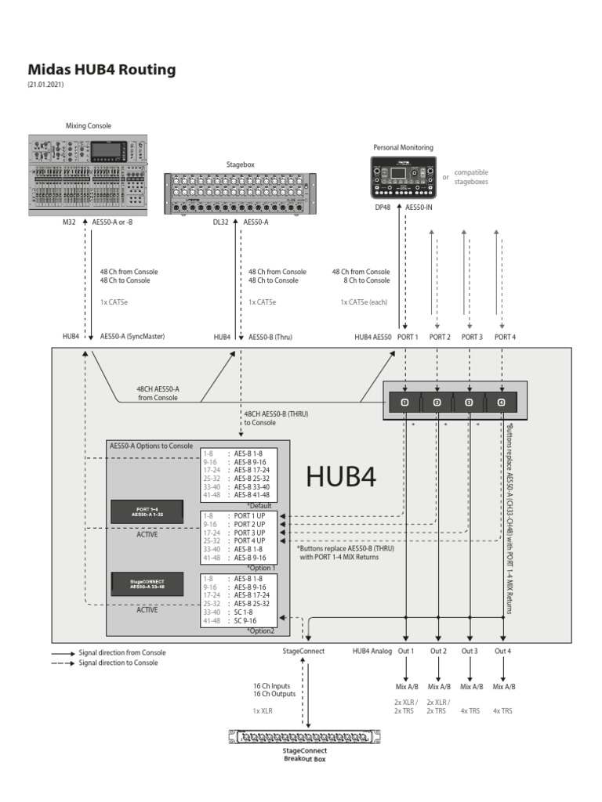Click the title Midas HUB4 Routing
pyautogui.click(x=102, y=70)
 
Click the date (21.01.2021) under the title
pyautogui.click(x=46, y=85)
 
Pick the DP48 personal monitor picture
pyautogui.click(x=403, y=177)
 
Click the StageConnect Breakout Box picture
pyautogui.click(x=306, y=737)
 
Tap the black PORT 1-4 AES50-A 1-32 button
pyautogui.click(x=147, y=511)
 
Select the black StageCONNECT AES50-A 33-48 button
pyautogui.click(x=147, y=583)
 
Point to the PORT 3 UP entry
pyautogui.click(x=249, y=533)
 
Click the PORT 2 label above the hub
pyautogui.click(x=438, y=337)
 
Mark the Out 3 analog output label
pyautogui.click(x=470, y=651)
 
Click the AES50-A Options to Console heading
pyautogui.click(x=150, y=445)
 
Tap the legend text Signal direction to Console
pyautogui.click(x=118, y=663)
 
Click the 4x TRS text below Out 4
pyautogui.click(x=502, y=710)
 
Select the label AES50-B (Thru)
pyautogui.click(x=270, y=337)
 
